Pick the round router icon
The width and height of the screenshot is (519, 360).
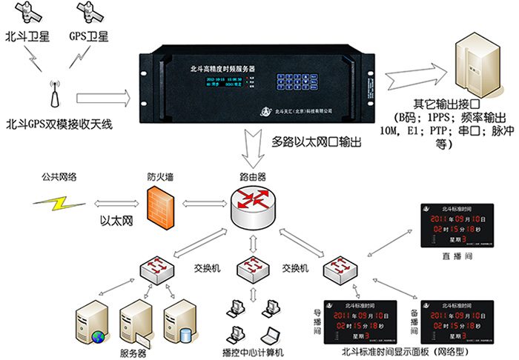[252, 204]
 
